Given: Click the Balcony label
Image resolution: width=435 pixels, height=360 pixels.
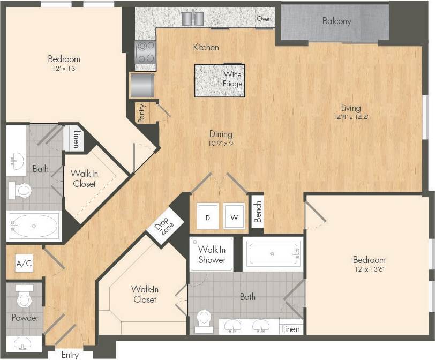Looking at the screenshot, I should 336,21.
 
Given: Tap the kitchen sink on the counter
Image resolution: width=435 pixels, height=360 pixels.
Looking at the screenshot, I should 193,18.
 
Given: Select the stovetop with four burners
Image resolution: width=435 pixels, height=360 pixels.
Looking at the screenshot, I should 146,52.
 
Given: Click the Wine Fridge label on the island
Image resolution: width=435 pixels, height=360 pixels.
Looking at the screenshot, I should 233,79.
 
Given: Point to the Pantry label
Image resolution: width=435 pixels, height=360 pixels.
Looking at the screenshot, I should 142,113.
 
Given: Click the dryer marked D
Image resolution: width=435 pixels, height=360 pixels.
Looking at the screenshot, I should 207,216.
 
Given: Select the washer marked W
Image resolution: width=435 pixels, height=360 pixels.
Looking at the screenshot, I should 234,216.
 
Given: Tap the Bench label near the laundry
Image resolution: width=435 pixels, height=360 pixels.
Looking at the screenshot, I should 258,212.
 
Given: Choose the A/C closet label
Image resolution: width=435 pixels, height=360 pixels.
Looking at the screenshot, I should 24,264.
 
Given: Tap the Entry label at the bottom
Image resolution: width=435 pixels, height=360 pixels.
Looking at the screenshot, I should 70,355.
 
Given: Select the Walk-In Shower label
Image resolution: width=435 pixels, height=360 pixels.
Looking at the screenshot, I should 212,254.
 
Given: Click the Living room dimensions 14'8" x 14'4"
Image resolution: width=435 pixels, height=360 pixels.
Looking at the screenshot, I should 351,117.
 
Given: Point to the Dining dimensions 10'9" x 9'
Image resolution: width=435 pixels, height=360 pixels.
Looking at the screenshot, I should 221,144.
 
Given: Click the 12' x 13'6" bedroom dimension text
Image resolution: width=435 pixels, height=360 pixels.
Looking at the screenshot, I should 369,269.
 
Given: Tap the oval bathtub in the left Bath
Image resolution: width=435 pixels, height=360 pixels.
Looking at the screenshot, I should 34,226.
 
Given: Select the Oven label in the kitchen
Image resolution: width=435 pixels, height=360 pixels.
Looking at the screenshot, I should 264,19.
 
